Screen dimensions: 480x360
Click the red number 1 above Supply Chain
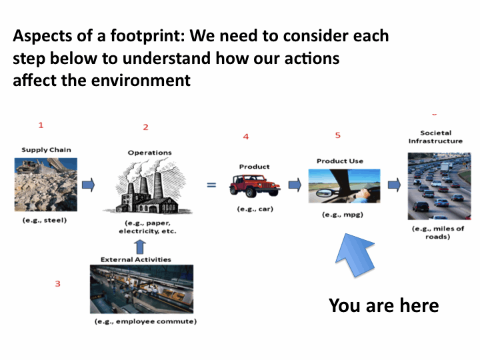(x=41, y=125)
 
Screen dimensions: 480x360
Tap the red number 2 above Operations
(x=146, y=127)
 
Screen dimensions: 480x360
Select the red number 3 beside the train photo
(x=57, y=284)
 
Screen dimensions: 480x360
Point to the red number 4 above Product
(x=246, y=137)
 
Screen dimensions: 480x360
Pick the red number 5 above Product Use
(x=337, y=135)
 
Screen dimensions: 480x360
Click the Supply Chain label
(x=46, y=150)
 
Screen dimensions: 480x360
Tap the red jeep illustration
(x=255, y=186)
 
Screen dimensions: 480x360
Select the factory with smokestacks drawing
(x=148, y=187)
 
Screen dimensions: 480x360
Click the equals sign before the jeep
(x=211, y=185)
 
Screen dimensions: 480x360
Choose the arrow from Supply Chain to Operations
(x=89, y=185)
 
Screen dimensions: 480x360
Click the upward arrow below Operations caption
(x=140, y=247)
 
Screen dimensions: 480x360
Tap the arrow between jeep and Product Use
(x=295, y=185)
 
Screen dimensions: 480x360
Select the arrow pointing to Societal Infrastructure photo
(x=394, y=185)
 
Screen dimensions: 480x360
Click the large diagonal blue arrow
(x=355, y=255)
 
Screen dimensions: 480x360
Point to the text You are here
(x=384, y=305)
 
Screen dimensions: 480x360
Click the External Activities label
(x=136, y=259)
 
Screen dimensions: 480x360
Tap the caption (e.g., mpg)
(x=343, y=215)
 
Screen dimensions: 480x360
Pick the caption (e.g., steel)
(x=45, y=220)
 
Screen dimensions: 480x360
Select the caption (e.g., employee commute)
(x=146, y=321)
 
